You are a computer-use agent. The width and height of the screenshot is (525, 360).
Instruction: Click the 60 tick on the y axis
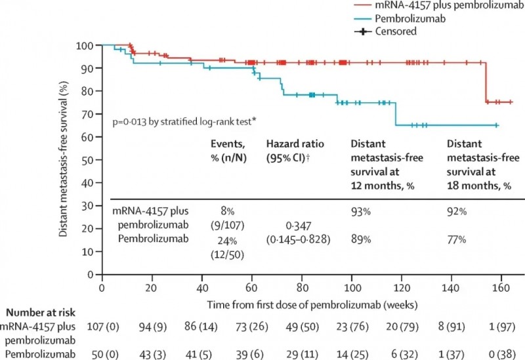pyautogui.click(x=91, y=136)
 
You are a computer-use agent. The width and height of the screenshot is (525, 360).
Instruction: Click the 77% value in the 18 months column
pyautogui.click(x=457, y=239)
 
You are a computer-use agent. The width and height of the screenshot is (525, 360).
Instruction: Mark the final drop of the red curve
pyautogui.click(x=486, y=82)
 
